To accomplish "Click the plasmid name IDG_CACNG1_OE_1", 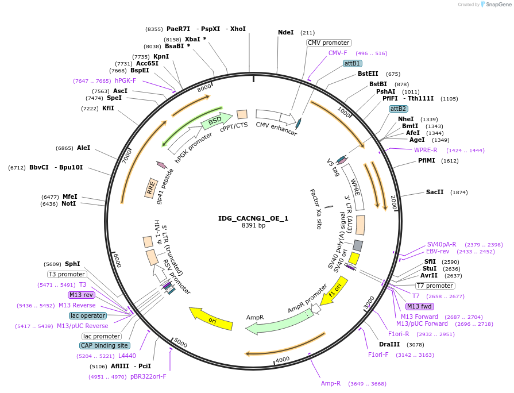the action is pyautogui.click(x=253, y=218).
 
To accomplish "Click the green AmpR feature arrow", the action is pyautogui.click(x=270, y=325).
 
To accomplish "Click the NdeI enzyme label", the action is pyautogui.click(x=285, y=33).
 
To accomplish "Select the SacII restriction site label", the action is pyautogui.click(x=435, y=192).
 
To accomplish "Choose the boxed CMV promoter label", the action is pyautogui.click(x=329, y=43).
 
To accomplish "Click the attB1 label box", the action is pyautogui.click(x=352, y=63).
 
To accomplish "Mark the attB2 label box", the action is pyautogui.click(x=398, y=109).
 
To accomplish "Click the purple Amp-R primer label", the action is pyautogui.click(x=331, y=383).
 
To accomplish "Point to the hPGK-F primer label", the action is pyautogui.click(x=125, y=81).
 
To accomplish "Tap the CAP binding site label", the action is pyautogui.click(x=105, y=345).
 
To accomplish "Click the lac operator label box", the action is pyautogui.click(x=88, y=315).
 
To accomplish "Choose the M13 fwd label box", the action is pyautogui.click(x=420, y=306).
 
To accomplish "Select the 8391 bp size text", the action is pyautogui.click(x=253, y=226).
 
